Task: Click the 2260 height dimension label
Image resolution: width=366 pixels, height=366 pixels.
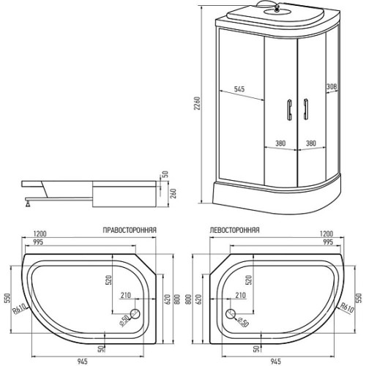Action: [197, 103]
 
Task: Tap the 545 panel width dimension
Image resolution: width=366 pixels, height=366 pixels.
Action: [239, 89]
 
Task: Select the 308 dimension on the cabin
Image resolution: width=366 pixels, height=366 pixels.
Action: [332, 86]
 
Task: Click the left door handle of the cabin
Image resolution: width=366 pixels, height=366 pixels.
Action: [289, 110]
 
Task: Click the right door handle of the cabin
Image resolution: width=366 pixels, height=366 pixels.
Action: [305, 109]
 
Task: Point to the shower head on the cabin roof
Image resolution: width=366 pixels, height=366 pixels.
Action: [277, 9]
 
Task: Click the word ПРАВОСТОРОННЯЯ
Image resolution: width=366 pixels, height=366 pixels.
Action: [130, 230]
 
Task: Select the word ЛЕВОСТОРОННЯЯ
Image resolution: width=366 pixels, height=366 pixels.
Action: [234, 230]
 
